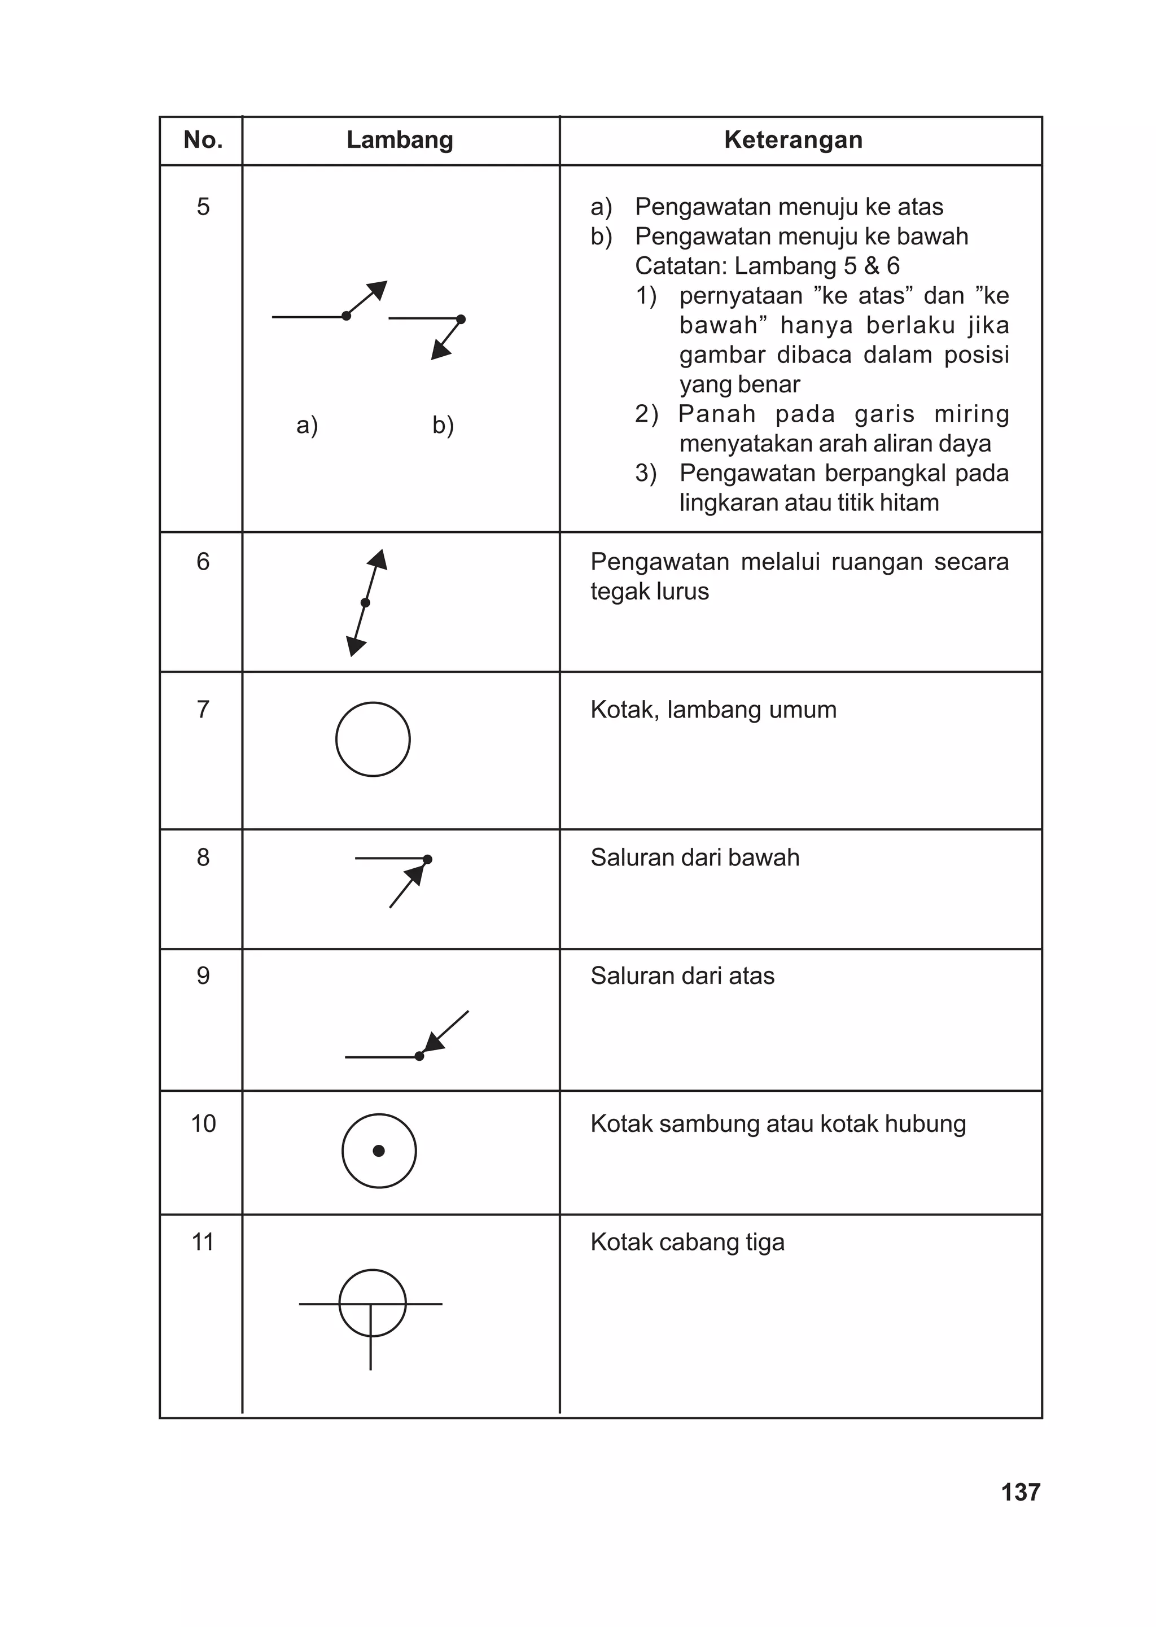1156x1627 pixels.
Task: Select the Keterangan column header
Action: (793, 140)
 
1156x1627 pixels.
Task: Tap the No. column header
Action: (203, 140)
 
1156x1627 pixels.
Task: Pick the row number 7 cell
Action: (203, 710)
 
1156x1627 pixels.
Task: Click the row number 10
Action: (203, 1124)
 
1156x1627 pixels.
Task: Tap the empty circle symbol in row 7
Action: (373, 739)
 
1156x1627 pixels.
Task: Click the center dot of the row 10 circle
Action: (379, 1151)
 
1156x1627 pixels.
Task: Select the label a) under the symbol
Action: (307, 425)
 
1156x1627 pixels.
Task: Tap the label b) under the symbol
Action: (443, 425)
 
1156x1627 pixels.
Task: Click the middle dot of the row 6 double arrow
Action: (365, 603)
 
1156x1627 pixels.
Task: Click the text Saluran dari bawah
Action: (695, 858)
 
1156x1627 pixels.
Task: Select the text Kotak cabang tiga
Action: (687, 1242)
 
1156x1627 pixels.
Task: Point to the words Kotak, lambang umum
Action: (713, 710)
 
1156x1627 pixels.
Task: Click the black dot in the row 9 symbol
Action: (419, 1056)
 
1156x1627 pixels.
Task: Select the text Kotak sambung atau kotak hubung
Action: (778, 1124)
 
